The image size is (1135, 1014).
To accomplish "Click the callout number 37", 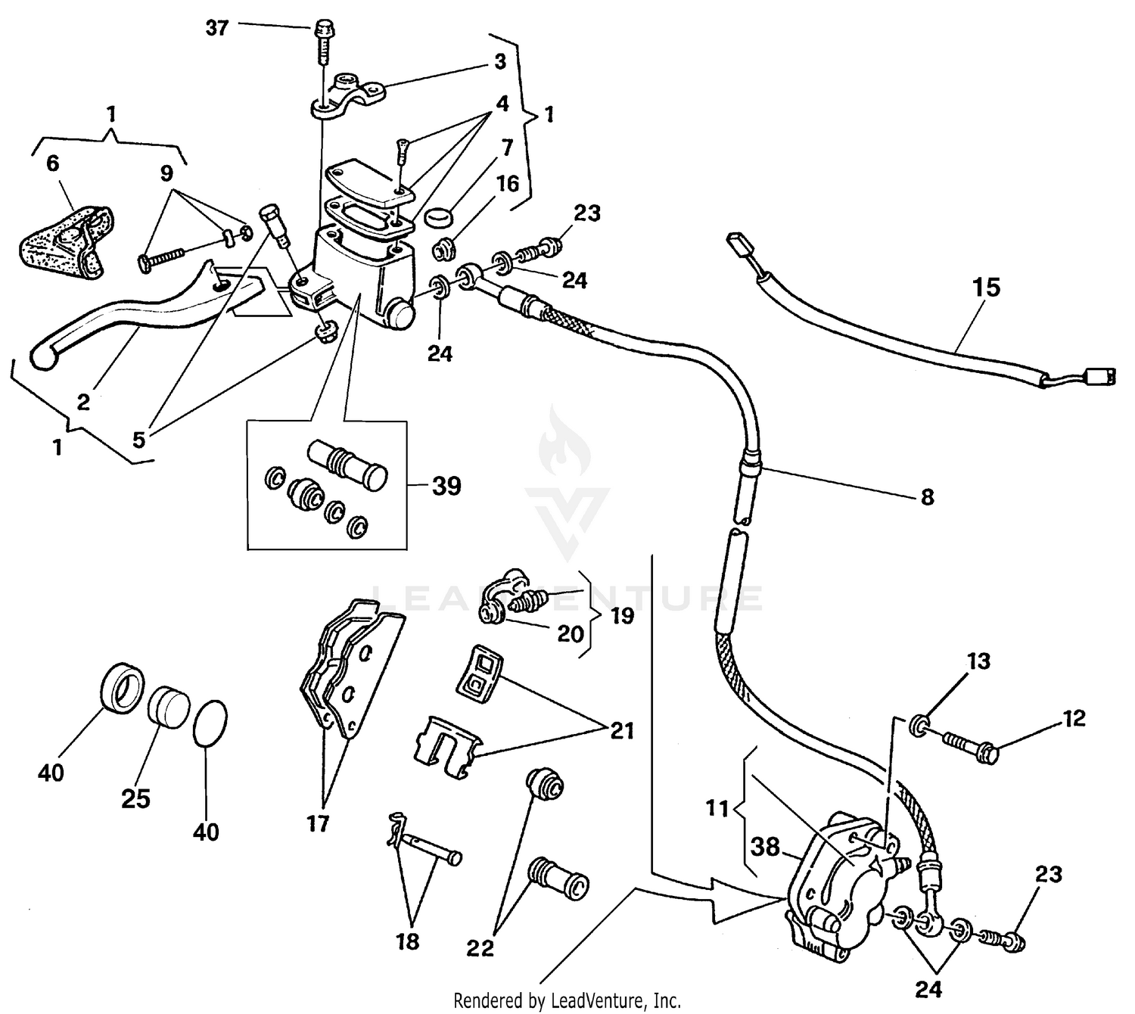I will pos(217,30).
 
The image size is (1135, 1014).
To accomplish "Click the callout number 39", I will pos(446,486).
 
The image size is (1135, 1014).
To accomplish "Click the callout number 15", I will pos(987,288).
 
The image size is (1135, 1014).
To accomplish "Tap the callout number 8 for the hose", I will pos(927,497).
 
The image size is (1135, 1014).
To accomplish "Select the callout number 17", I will pos(319,823).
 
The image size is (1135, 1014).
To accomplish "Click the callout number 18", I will pos(408,942).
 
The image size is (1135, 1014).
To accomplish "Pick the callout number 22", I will pos(480,947).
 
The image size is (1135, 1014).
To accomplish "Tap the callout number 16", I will pos(507,184).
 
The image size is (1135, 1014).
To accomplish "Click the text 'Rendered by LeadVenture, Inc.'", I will pos(567,1000).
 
